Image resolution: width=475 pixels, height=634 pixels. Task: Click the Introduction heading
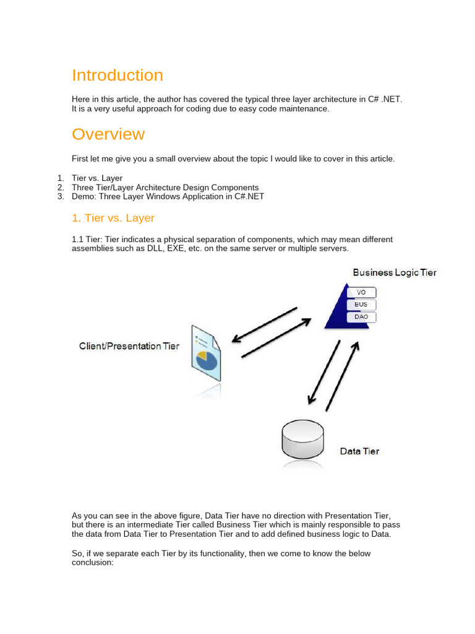click(118, 76)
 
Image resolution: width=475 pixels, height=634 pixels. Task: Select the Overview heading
click(108, 134)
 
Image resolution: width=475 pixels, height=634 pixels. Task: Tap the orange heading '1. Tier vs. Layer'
click(113, 218)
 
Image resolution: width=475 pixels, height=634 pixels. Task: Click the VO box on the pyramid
click(361, 292)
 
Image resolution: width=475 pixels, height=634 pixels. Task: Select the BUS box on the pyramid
click(361, 305)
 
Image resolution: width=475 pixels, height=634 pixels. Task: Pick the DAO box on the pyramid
click(361, 317)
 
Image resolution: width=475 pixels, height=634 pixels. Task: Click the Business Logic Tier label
click(394, 272)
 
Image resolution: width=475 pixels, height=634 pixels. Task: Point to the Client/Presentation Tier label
click(129, 346)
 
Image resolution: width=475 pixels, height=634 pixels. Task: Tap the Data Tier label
click(359, 451)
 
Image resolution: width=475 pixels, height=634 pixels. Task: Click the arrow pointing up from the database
click(342, 376)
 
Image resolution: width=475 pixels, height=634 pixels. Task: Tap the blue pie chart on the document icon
click(208, 360)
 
